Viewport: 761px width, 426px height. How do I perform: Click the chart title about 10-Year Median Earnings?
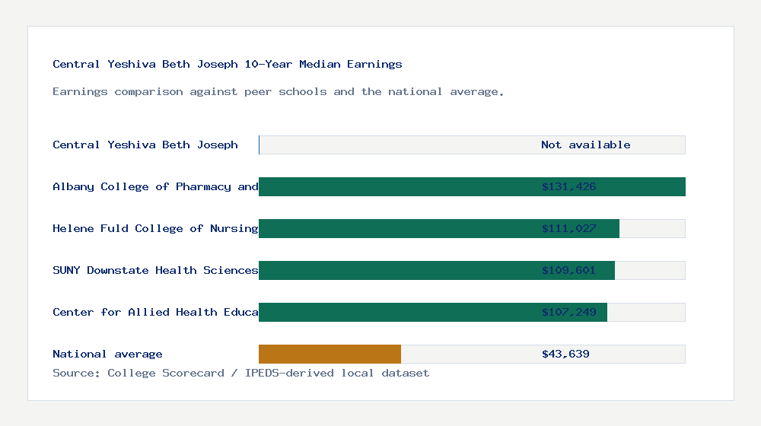click(x=228, y=64)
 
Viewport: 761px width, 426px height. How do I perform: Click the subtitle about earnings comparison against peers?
click(x=278, y=91)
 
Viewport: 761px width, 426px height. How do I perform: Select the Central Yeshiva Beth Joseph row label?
click(x=145, y=145)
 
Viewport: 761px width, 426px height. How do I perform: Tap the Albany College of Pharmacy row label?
click(x=155, y=186)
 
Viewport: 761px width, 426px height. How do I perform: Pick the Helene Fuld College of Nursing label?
click(x=155, y=228)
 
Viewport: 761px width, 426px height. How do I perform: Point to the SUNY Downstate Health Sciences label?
click(x=155, y=270)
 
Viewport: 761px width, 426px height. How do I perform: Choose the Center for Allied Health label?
click(x=155, y=312)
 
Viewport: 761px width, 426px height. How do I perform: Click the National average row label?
click(x=107, y=354)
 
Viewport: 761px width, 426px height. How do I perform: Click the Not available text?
click(x=585, y=145)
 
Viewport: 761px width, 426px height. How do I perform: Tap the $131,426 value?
click(x=568, y=186)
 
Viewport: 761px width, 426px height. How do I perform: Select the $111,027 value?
click(x=568, y=228)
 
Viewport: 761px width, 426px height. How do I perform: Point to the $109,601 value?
click(x=568, y=270)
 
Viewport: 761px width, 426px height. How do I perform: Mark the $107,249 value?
click(x=568, y=312)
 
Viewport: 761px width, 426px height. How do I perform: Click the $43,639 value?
click(x=565, y=354)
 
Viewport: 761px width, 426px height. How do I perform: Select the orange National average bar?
click(x=330, y=354)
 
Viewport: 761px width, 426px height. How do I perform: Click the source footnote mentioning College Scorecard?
click(x=240, y=373)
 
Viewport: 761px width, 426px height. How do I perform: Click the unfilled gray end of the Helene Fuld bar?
click(x=652, y=228)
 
